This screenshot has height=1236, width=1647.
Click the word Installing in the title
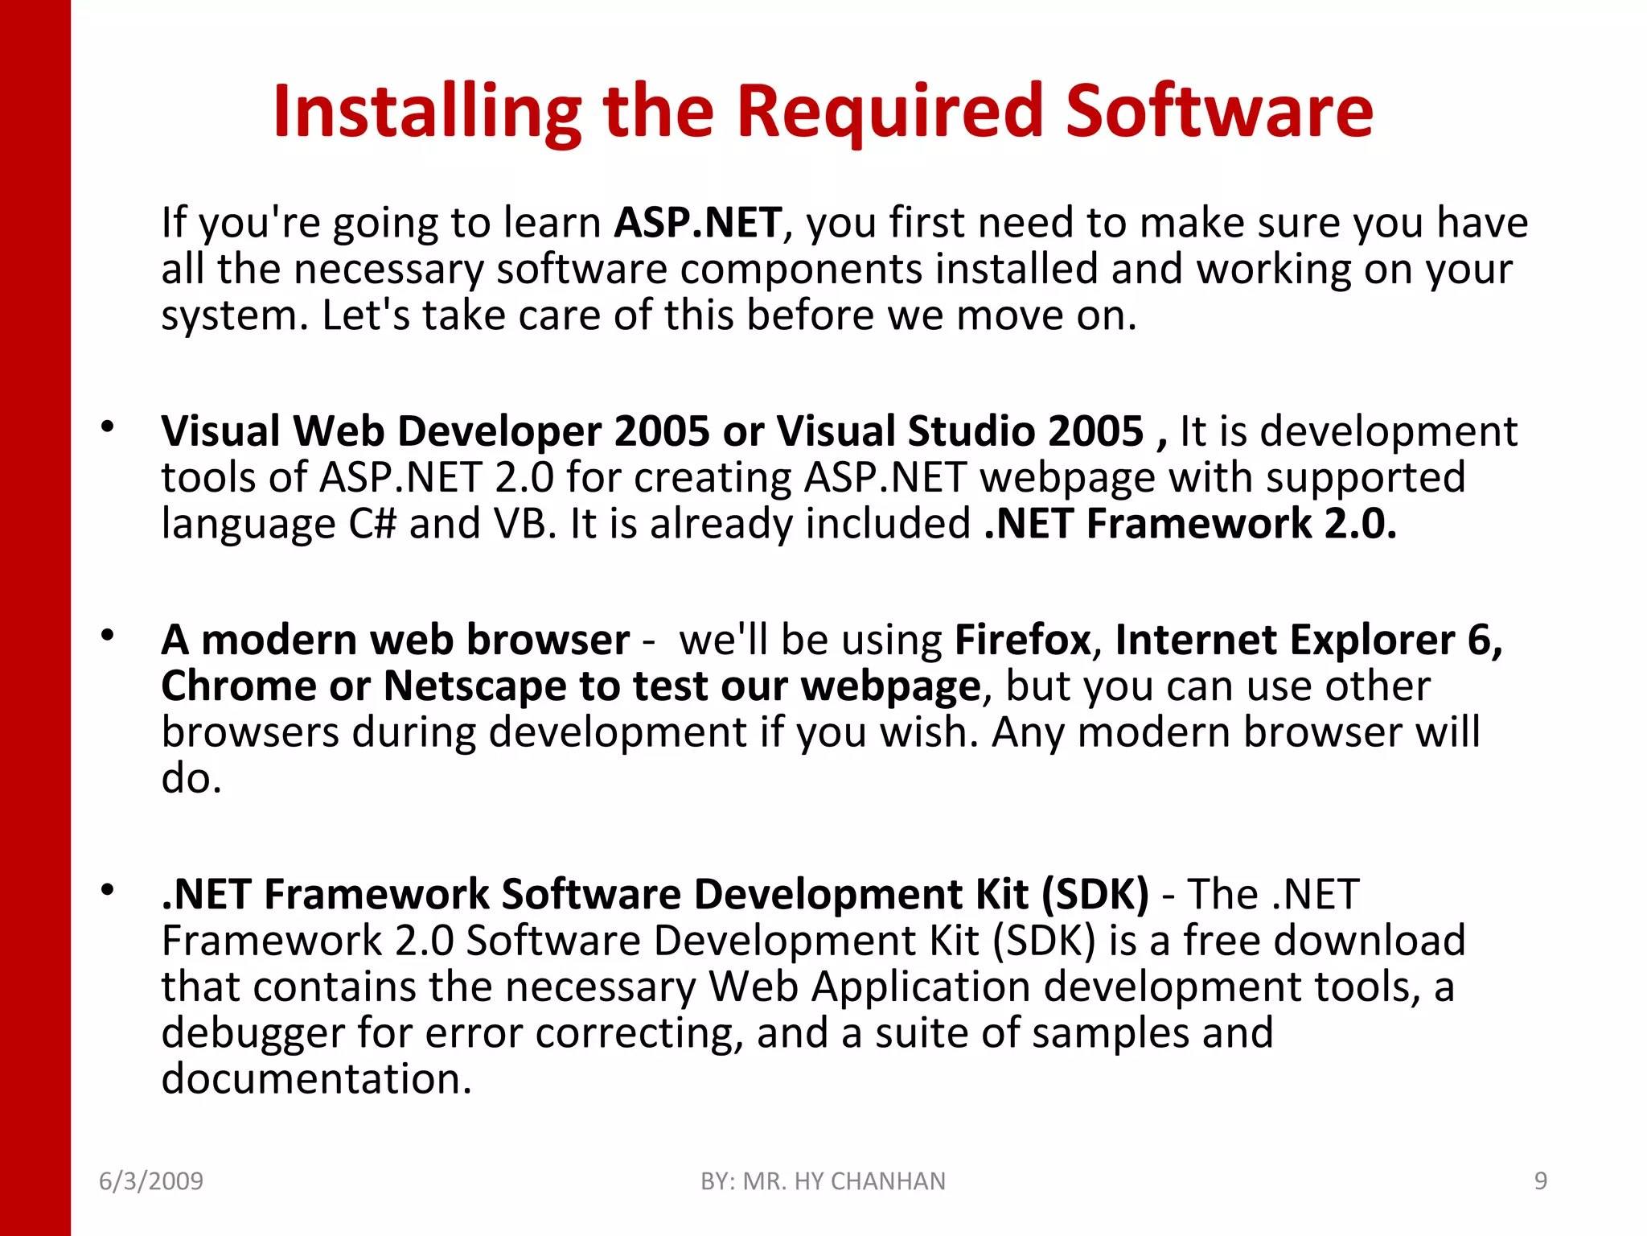point(427,113)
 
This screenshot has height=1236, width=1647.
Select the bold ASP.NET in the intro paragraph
point(698,223)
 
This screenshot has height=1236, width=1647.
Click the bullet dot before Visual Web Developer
point(108,426)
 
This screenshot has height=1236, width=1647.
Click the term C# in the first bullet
point(372,524)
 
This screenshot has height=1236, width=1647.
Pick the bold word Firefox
point(1022,641)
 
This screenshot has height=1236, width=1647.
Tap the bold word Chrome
point(239,686)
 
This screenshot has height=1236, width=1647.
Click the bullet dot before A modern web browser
point(108,636)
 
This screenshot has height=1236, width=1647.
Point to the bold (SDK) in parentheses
point(1095,894)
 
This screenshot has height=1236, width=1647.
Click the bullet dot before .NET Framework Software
point(108,890)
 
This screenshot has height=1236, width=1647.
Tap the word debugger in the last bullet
point(253,1033)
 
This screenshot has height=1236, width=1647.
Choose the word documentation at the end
point(316,1079)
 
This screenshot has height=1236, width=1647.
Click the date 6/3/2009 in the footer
point(151,1181)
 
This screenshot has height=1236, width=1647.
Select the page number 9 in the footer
point(1541,1181)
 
